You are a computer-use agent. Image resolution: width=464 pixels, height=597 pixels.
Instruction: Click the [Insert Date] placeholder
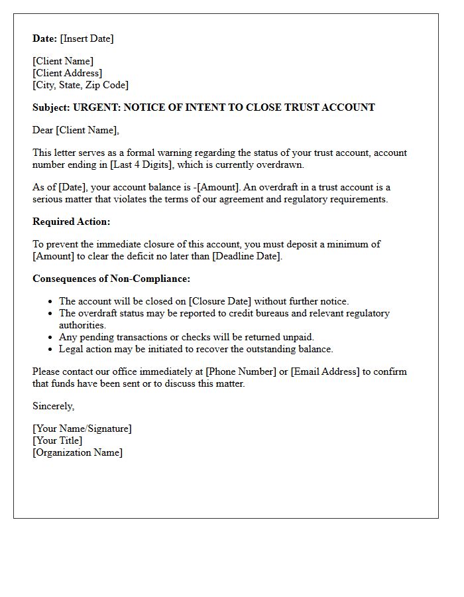pos(87,38)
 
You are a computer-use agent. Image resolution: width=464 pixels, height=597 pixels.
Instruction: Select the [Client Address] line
pos(68,73)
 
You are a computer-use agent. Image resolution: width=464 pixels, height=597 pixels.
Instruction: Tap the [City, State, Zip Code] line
pos(81,85)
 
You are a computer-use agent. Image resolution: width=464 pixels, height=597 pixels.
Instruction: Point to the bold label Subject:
pos(51,107)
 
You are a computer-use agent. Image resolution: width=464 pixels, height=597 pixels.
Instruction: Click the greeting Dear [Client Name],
pos(76,130)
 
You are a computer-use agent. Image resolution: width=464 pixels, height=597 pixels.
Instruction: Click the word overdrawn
pos(281,165)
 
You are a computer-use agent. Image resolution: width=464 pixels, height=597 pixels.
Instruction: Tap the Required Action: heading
pos(72,222)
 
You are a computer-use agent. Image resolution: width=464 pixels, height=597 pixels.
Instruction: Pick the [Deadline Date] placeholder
pos(247,256)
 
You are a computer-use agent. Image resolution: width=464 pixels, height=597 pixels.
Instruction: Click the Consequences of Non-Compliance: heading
pos(111,279)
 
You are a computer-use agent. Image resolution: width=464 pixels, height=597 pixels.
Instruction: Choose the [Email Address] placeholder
pos(325,371)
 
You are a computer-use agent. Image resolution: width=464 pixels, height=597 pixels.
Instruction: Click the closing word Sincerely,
pos(54,406)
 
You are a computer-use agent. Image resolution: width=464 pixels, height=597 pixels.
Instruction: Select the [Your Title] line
pos(58,440)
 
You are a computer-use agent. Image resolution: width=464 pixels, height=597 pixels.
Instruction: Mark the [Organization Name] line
pos(78,452)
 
